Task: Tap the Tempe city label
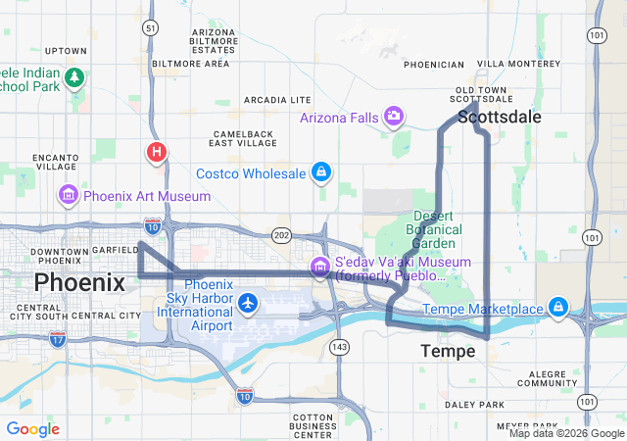(x=448, y=351)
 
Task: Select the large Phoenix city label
(x=79, y=283)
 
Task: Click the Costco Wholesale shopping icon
(x=320, y=173)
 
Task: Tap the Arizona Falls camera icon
(x=394, y=118)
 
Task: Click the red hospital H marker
(x=156, y=152)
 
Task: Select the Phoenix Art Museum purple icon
(x=69, y=195)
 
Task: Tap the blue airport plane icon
(x=248, y=303)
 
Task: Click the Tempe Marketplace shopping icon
(x=558, y=309)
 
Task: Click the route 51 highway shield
(x=149, y=28)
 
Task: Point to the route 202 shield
(x=282, y=235)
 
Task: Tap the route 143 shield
(x=340, y=347)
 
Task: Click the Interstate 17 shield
(x=58, y=339)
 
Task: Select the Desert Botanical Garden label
(x=434, y=229)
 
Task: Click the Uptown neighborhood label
(x=66, y=50)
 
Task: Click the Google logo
(x=33, y=429)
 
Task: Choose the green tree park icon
(x=74, y=76)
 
